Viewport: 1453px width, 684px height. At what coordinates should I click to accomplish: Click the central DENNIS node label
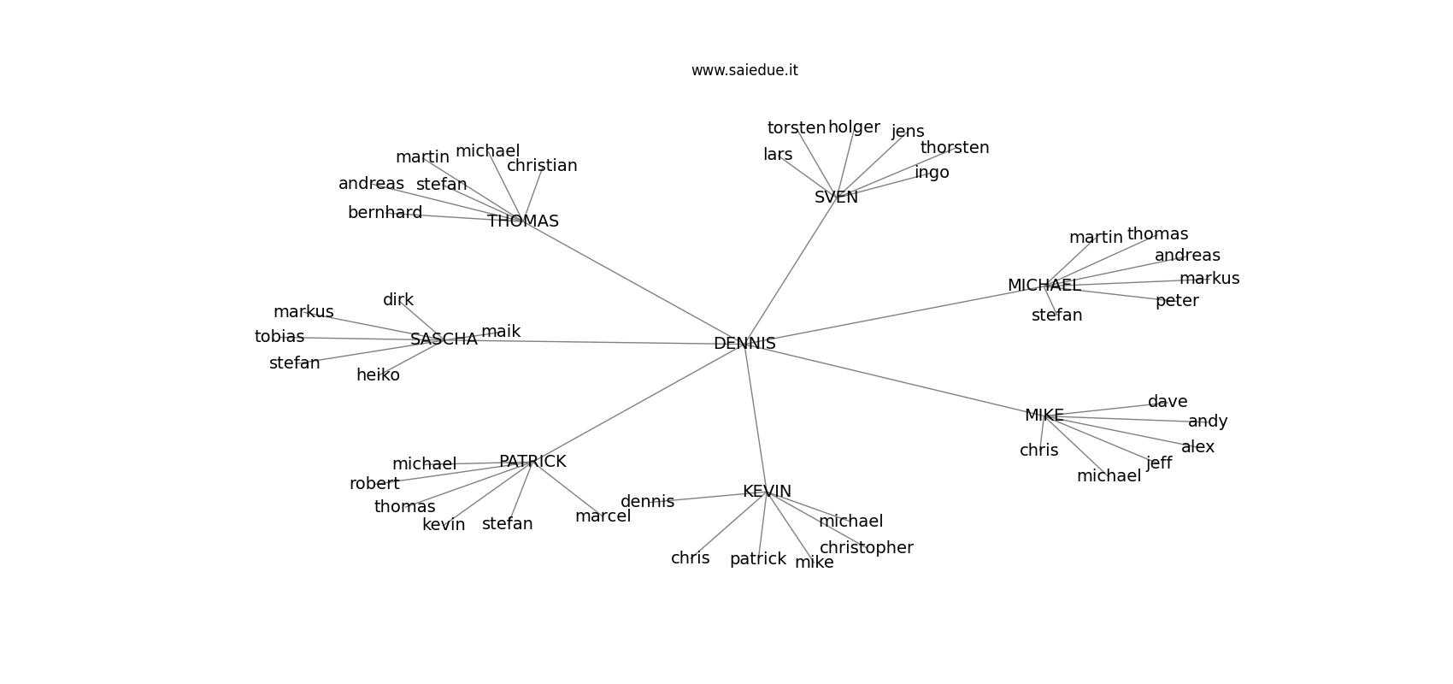[x=744, y=344]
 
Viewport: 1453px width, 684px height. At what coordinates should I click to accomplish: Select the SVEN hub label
[x=836, y=198]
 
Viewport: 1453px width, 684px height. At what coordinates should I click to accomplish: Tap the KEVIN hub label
[x=767, y=492]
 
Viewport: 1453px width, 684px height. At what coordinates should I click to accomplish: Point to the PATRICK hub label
[x=532, y=462]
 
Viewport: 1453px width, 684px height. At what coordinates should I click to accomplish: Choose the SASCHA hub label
[x=444, y=339]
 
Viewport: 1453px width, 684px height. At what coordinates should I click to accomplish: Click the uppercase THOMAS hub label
[x=523, y=221]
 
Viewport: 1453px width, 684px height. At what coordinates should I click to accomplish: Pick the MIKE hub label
[x=1044, y=416]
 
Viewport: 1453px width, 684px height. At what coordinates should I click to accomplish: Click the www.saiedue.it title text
[x=744, y=70]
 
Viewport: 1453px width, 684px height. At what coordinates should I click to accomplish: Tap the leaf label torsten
[x=797, y=128]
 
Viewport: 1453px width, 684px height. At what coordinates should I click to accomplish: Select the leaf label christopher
[x=866, y=548]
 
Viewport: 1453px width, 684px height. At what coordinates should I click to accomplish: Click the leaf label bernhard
[x=385, y=213]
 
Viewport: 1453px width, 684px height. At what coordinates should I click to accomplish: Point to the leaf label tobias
[x=279, y=337]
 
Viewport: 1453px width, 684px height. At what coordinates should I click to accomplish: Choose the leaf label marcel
[x=603, y=516]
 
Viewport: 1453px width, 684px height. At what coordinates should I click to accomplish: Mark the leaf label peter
[x=1177, y=301]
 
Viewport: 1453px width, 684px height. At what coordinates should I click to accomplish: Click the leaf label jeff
[x=1159, y=463]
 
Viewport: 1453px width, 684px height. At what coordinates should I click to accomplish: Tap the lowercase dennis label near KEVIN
[x=647, y=502]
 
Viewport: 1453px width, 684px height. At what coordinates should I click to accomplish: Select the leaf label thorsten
[x=955, y=148]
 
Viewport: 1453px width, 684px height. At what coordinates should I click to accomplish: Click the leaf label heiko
[x=378, y=375]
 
